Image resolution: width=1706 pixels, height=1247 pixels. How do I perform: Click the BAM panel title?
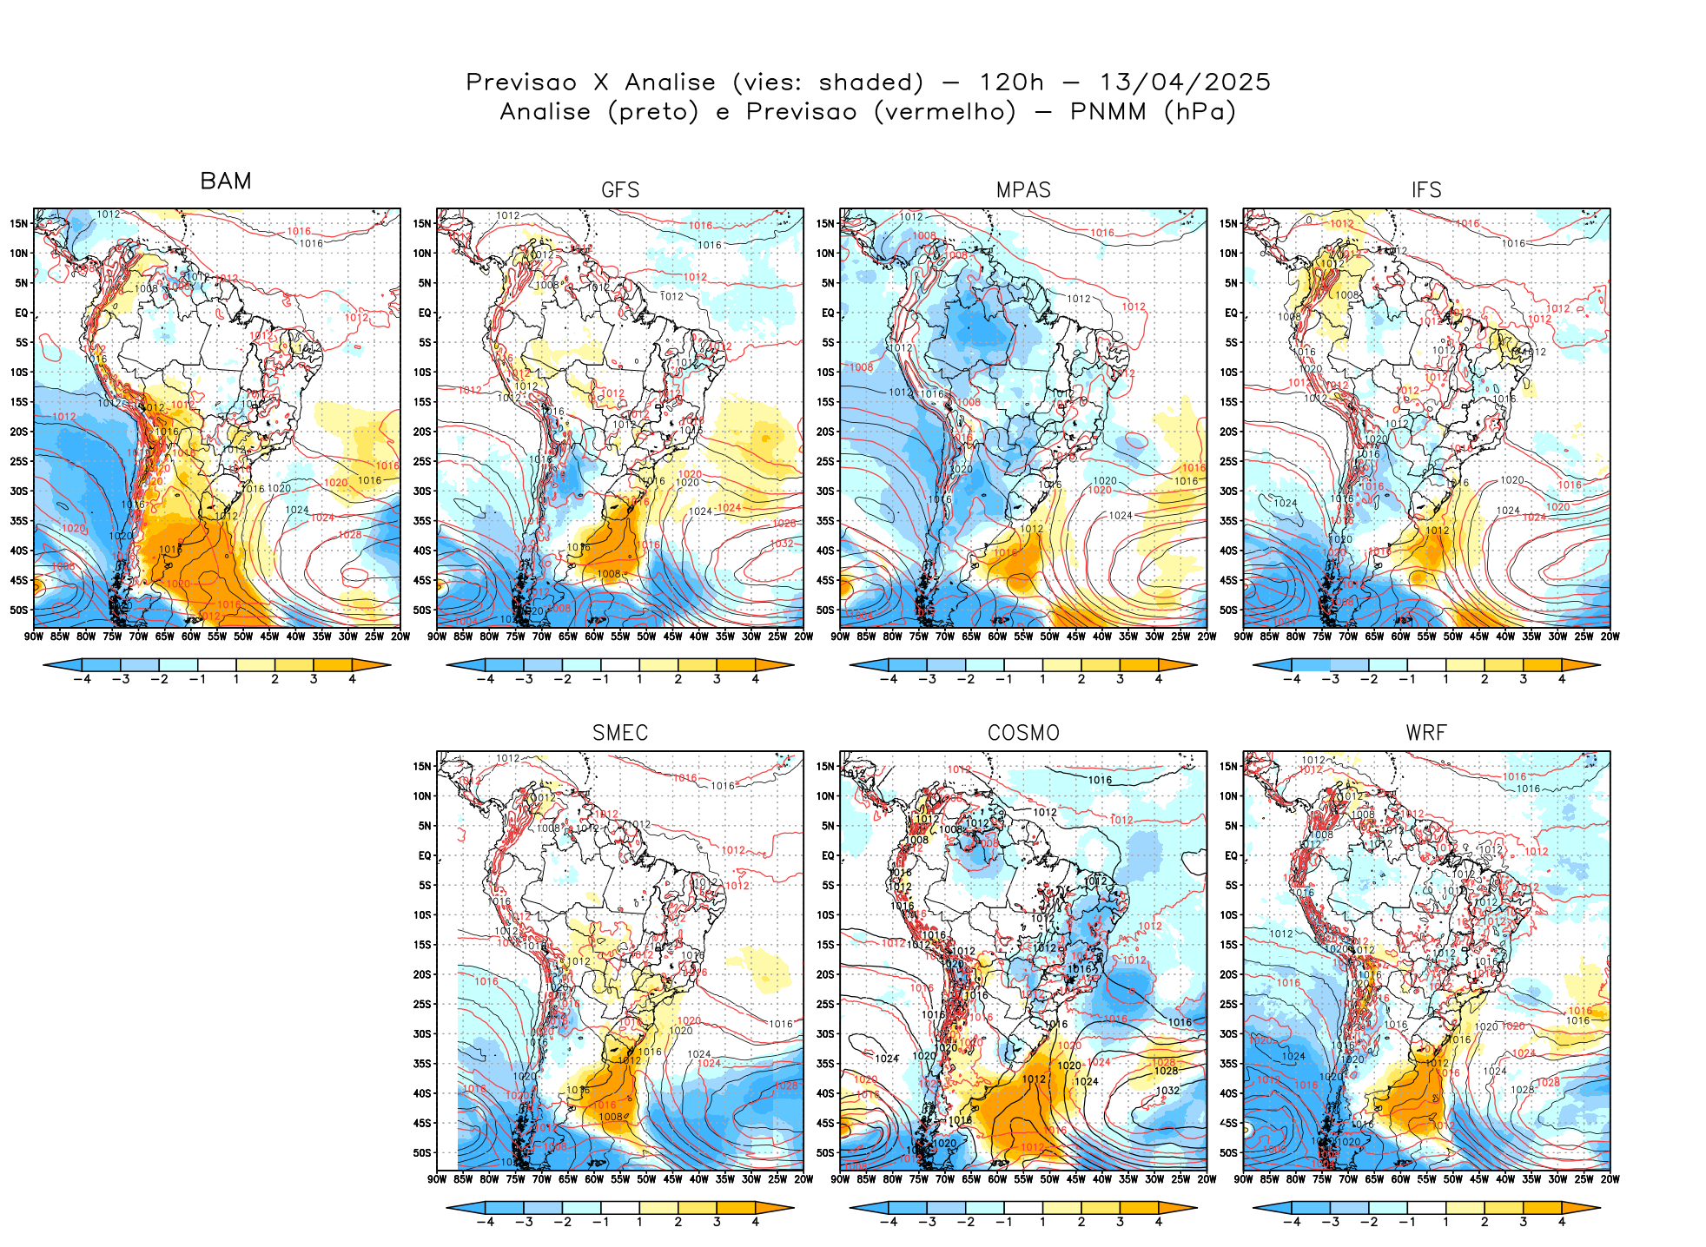(226, 181)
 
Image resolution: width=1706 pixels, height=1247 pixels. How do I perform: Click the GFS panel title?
(620, 190)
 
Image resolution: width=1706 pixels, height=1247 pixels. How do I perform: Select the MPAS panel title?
(1023, 190)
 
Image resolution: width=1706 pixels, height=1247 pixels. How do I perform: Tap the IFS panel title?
(1426, 190)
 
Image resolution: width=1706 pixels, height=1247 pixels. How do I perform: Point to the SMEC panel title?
(620, 733)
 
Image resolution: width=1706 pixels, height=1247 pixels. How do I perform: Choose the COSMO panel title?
(1023, 733)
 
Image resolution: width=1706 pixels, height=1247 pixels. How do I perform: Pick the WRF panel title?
(1426, 733)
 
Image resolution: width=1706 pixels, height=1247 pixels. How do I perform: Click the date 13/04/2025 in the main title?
(1185, 82)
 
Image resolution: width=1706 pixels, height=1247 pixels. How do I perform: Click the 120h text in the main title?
(1011, 82)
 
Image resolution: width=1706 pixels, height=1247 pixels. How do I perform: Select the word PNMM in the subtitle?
(1108, 112)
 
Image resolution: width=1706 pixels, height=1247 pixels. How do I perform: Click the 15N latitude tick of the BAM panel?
(19, 223)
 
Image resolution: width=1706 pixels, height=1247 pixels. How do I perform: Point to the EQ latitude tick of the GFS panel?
(425, 313)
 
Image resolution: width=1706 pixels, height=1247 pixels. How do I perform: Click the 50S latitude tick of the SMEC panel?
(422, 1153)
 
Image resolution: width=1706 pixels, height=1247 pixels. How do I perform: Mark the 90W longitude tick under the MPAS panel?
(840, 637)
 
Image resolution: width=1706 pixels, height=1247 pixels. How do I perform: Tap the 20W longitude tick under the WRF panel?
(1610, 1179)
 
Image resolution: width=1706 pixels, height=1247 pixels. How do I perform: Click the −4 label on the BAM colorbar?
(83, 679)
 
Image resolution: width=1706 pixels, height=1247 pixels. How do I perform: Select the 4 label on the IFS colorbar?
(1562, 679)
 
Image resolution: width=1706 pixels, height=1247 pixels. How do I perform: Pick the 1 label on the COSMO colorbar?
(1042, 1222)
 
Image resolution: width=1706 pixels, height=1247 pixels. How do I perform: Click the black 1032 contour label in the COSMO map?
(1167, 1091)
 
